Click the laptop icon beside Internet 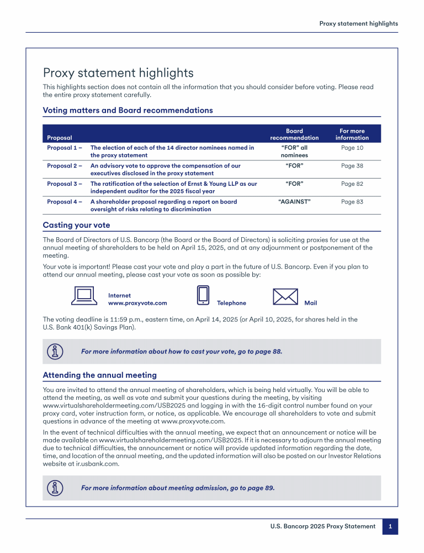[x=84, y=296]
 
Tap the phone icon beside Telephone [x=203, y=295]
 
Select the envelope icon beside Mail [x=285, y=297]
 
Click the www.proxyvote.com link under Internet [x=137, y=303]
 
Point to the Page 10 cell [x=352, y=148]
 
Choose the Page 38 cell [x=352, y=165]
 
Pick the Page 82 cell [x=352, y=184]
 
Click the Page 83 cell [x=352, y=202]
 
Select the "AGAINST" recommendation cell [x=294, y=202]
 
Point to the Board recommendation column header [x=294, y=134]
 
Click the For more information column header [x=352, y=134]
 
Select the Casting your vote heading [x=76, y=225]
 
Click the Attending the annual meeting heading [x=99, y=375]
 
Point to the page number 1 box [x=390, y=526]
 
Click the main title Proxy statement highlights [x=118, y=73]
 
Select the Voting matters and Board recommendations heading [x=128, y=110]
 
